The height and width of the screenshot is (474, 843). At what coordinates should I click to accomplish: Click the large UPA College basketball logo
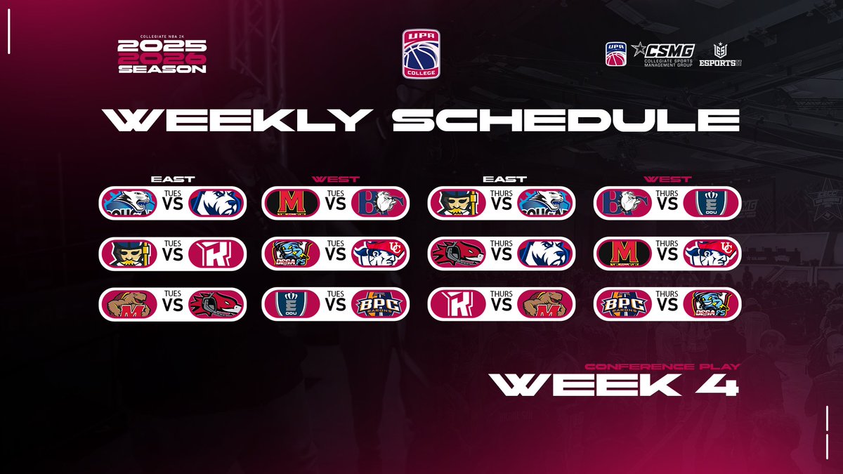421,53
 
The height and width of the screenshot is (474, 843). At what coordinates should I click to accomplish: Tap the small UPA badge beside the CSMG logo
615,54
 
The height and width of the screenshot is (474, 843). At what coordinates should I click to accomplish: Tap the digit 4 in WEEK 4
723,383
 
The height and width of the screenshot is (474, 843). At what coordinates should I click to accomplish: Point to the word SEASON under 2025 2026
162,70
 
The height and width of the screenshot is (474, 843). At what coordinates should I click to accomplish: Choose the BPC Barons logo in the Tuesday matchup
379,304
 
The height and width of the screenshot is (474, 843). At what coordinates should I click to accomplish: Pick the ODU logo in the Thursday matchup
707,203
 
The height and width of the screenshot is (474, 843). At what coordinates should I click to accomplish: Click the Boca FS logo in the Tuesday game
291,254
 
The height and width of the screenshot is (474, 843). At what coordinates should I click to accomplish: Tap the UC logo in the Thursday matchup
707,254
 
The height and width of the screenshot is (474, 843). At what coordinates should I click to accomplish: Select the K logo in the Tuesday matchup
216,254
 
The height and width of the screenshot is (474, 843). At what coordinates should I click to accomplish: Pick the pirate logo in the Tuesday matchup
128,254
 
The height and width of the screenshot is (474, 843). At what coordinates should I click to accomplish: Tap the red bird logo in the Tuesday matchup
216,304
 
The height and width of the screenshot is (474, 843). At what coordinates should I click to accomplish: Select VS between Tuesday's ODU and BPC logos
335,307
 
